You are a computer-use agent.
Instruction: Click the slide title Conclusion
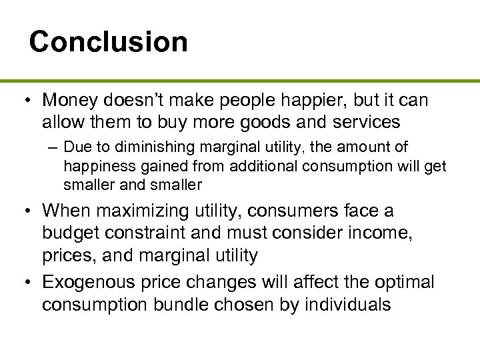point(108,41)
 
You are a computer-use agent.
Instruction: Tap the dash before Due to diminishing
point(53,147)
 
